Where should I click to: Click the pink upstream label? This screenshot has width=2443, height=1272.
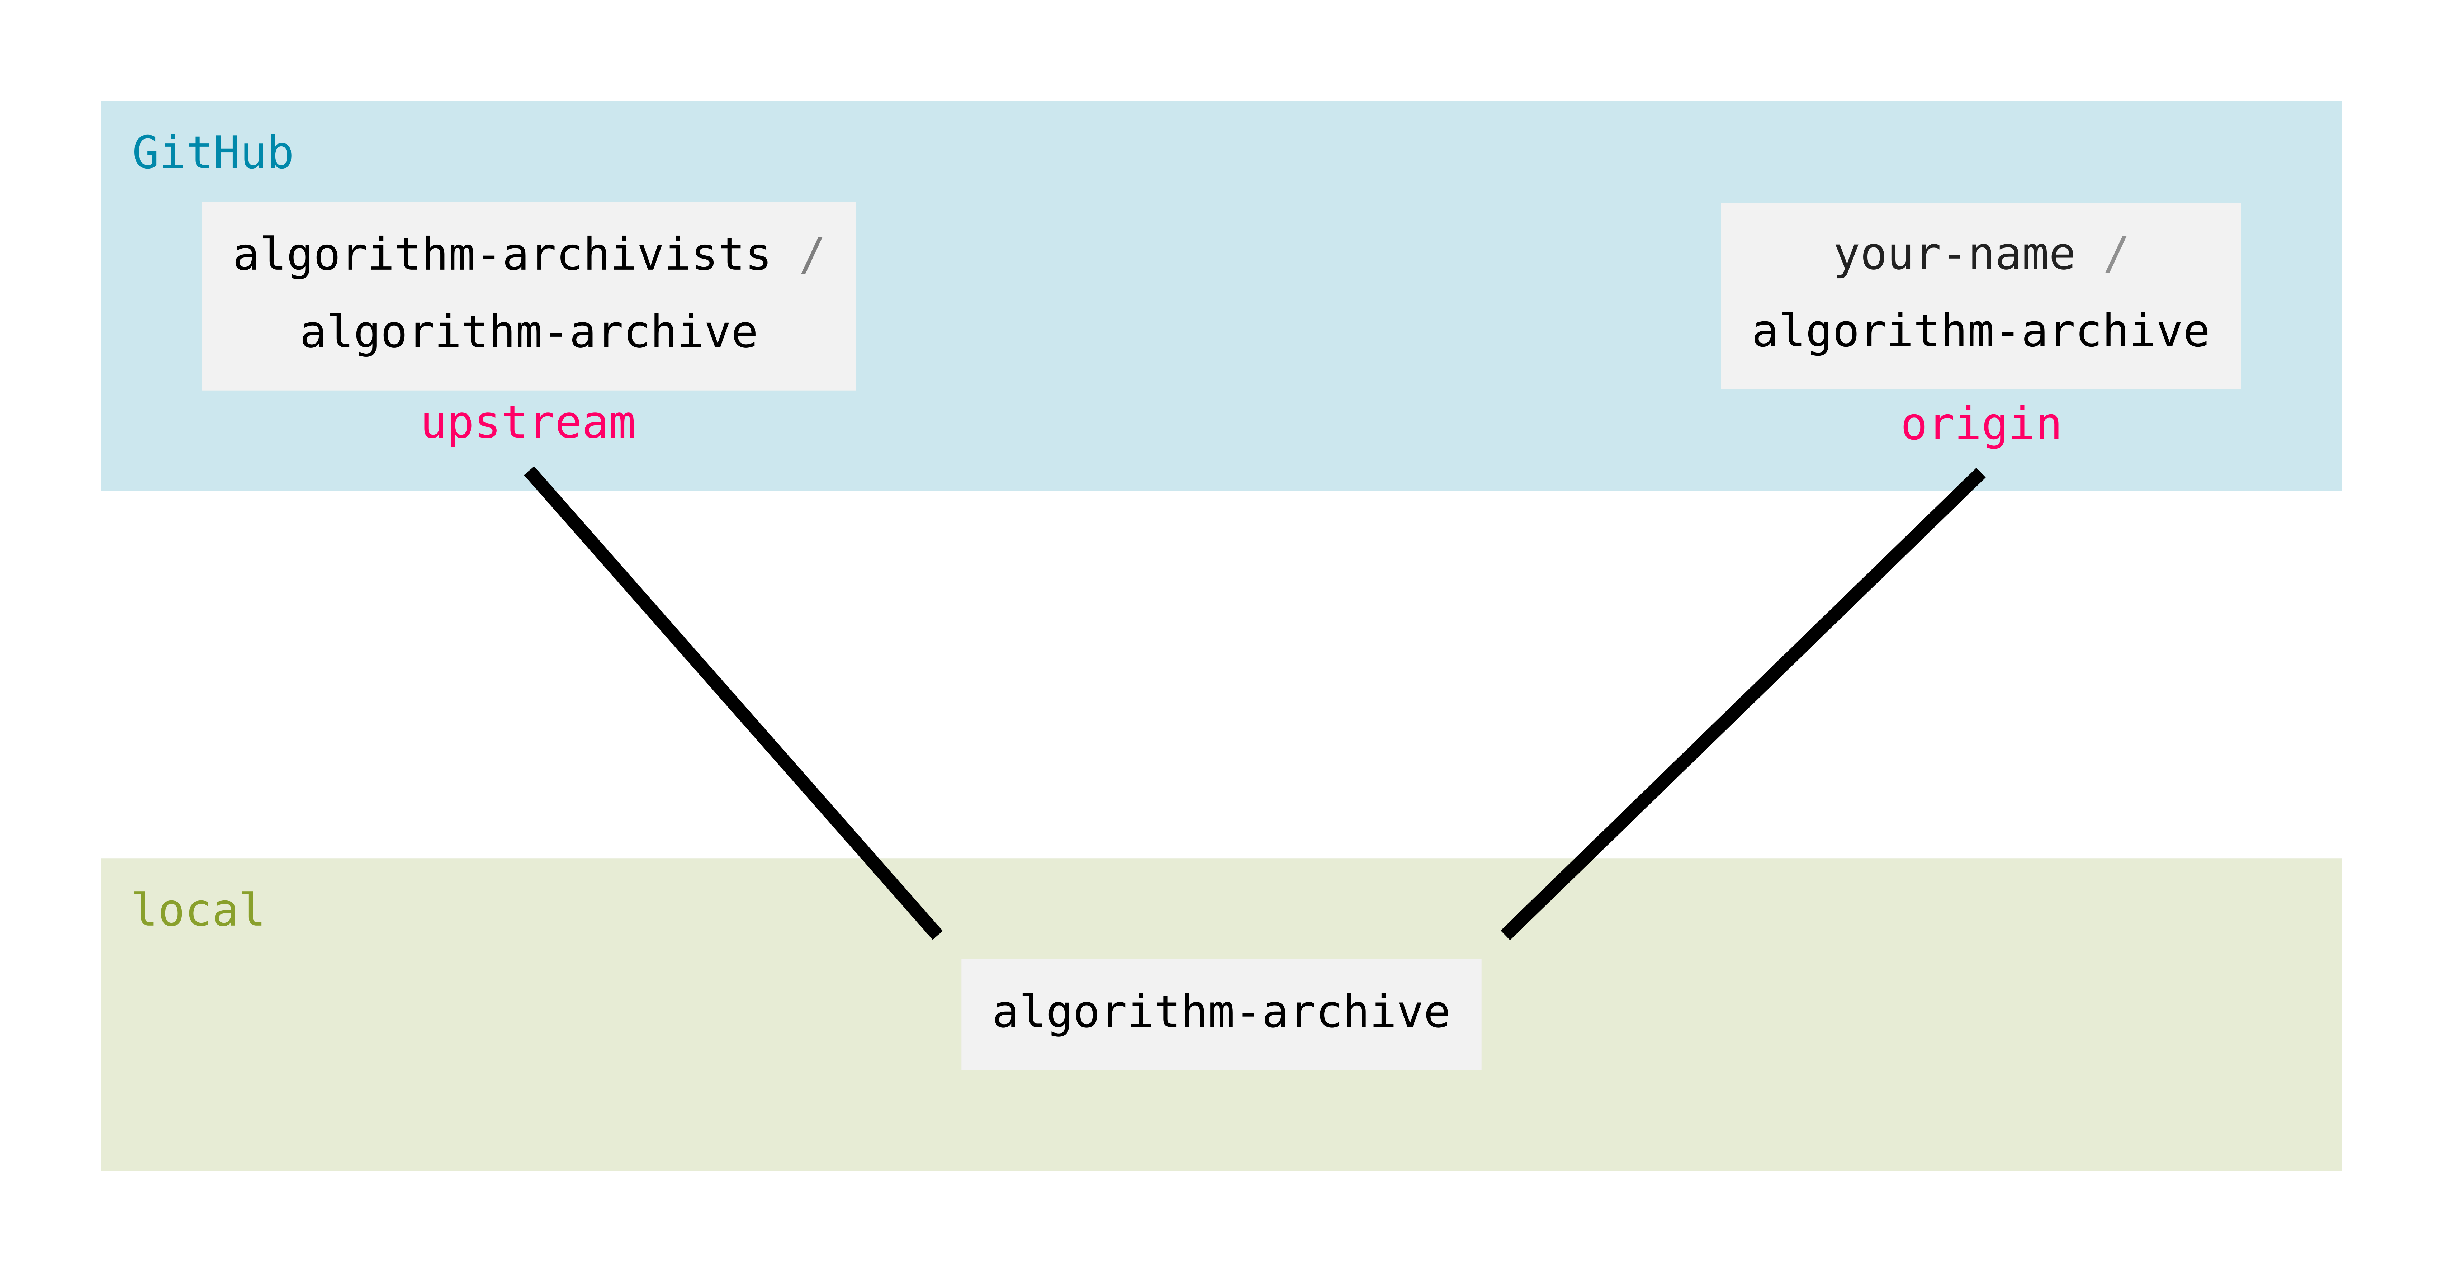pyautogui.click(x=528, y=423)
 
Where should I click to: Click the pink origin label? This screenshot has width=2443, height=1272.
pyautogui.click(x=1980, y=425)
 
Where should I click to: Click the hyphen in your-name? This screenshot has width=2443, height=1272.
pyautogui.click(x=1954, y=256)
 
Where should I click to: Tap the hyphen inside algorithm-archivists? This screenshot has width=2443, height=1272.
pyautogui.click(x=488, y=256)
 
